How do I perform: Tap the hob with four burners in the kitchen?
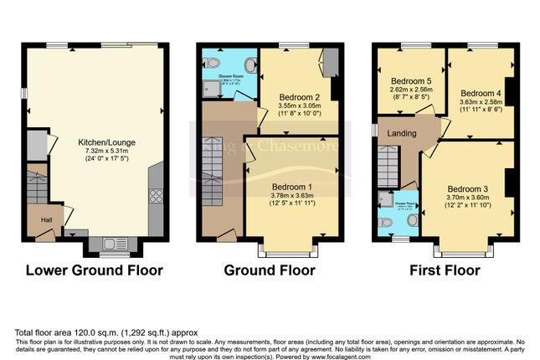(x=156, y=198)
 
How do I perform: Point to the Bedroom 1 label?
(x=291, y=186)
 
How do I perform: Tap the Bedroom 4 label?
(x=480, y=92)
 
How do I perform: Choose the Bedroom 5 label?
(x=410, y=82)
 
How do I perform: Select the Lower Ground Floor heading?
(x=94, y=270)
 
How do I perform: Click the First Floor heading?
(x=445, y=270)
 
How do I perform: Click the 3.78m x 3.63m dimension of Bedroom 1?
(x=291, y=196)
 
